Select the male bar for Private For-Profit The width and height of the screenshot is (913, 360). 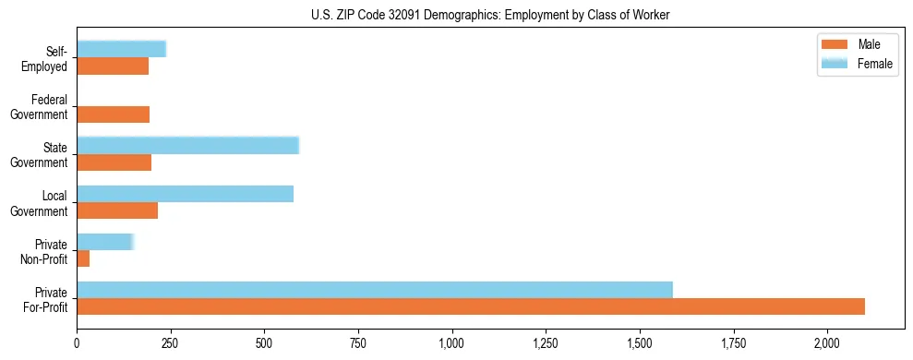pos(471,306)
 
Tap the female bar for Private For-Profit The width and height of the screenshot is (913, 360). pos(375,290)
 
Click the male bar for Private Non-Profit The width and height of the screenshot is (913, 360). pos(83,258)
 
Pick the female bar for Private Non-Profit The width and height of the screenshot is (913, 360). pos(105,242)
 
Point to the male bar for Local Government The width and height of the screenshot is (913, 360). pos(117,210)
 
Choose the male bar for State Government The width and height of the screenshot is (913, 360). pos(114,162)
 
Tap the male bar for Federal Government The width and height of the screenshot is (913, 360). pos(113,114)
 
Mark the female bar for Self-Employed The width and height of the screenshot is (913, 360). pos(121,49)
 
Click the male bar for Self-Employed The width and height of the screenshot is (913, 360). pos(113,66)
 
